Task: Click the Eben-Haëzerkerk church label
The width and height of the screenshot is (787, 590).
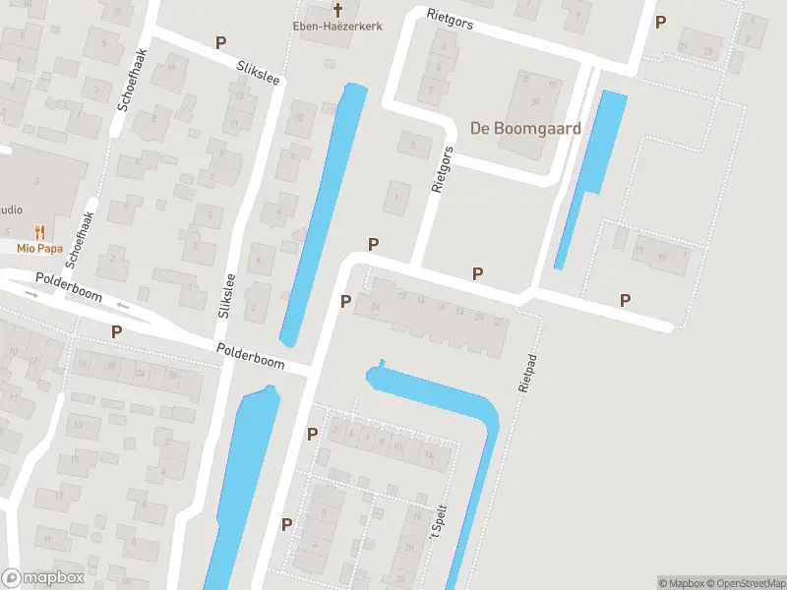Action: point(338,27)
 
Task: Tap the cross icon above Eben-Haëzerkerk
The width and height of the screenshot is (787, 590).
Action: point(338,10)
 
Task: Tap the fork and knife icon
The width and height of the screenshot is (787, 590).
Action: point(39,232)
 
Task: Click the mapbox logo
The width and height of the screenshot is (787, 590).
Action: point(42,577)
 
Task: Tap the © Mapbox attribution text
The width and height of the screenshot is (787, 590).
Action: point(681,583)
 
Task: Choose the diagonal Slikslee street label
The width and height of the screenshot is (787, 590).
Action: point(258,71)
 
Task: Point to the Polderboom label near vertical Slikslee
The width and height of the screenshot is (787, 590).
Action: point(251,357)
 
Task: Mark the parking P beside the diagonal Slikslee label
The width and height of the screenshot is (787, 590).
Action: point(221,43)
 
